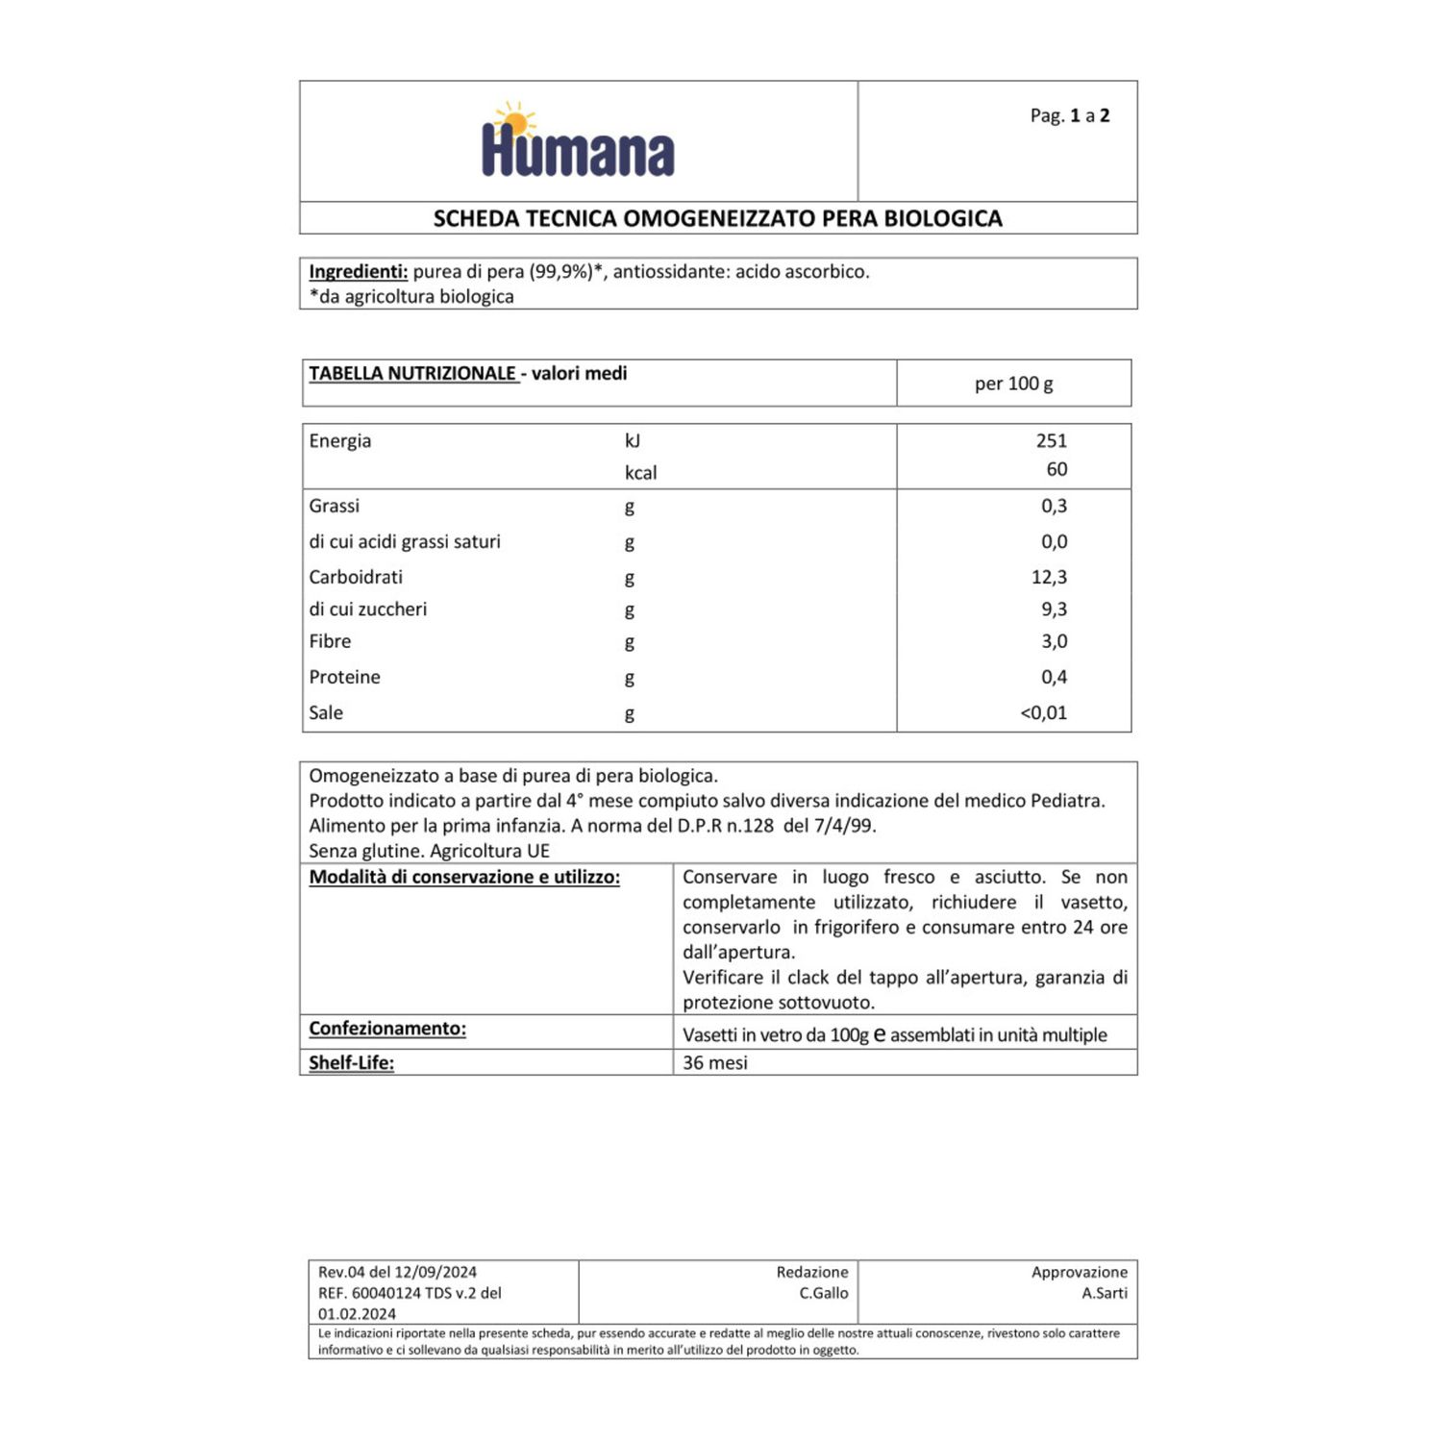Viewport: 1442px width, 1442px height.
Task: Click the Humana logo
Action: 578,152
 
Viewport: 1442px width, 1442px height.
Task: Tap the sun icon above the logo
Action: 514,121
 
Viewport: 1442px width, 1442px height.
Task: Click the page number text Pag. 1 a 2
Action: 1069,115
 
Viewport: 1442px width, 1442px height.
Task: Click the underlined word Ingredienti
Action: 358,271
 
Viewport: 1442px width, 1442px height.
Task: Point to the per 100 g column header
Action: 1013,384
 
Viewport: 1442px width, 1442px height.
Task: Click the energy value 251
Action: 1051,440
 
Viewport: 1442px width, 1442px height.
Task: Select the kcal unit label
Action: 640,472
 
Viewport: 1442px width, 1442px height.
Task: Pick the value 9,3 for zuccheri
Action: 1054,609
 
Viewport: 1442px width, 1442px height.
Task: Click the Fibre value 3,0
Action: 1054,641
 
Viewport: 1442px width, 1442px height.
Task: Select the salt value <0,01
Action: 1043,712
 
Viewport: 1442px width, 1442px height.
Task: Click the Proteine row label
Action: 344,677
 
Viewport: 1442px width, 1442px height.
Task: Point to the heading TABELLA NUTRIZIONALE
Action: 412,373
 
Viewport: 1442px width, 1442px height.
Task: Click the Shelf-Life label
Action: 351,1062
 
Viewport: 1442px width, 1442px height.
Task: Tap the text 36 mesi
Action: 714,1062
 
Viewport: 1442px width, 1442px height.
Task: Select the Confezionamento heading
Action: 387,1029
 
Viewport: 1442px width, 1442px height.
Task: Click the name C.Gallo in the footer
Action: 823,1293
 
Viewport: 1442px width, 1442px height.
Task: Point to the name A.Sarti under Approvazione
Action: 1104,1293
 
